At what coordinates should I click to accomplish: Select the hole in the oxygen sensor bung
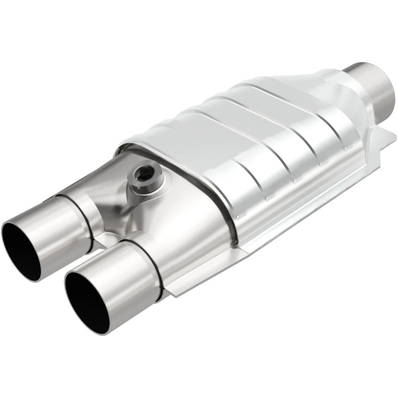pyautogui.click(x=144, y=174)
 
